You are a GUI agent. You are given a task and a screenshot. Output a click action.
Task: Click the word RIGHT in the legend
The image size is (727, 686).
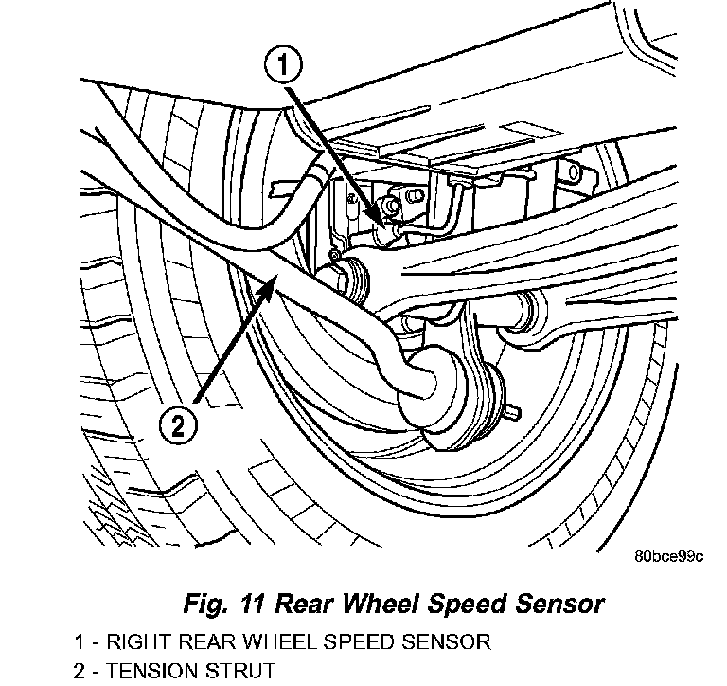[x=135, y=641]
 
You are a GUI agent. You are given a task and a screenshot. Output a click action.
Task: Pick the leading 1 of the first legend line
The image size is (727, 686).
[x=77, y=641]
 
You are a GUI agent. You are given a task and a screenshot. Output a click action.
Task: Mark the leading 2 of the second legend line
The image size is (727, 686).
[x=77, y=672]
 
